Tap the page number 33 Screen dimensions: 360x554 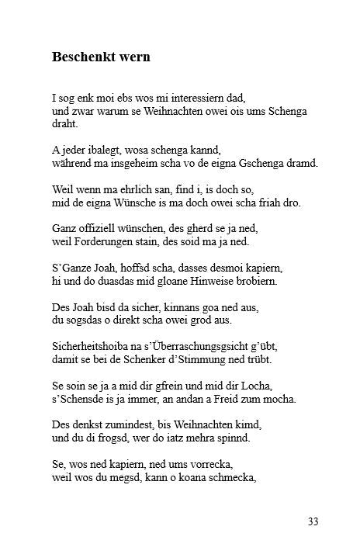click(x=313, y=521)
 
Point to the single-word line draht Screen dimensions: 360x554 click(x=64, y=123)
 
